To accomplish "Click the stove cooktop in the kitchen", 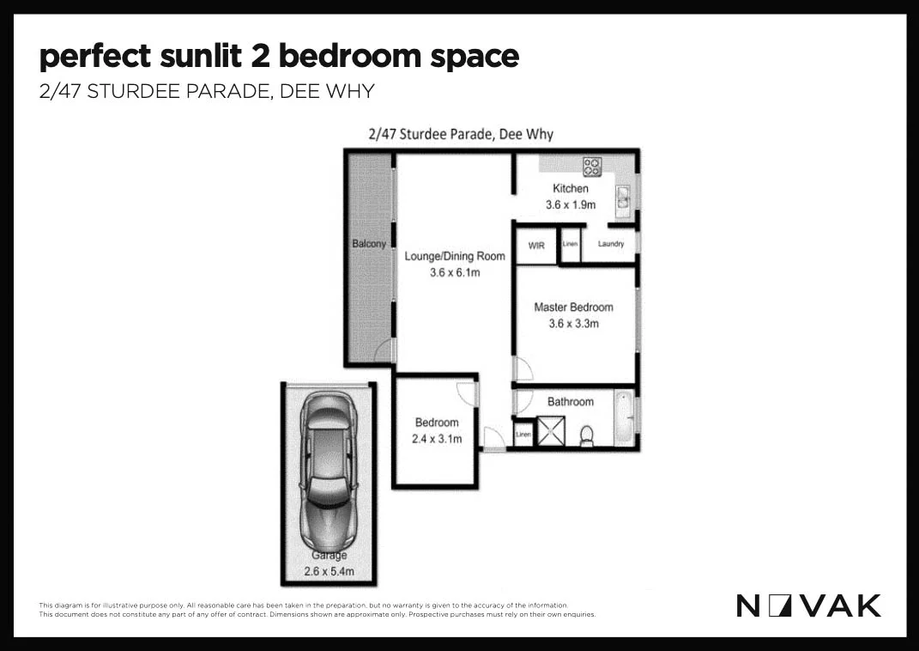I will click(x=592, y=166).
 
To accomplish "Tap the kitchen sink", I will click(x=624, y=201).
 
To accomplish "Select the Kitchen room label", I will click(x=571, y=189).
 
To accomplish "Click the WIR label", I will click(x=536, y=246).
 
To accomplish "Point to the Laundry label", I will click(x=610, y=245).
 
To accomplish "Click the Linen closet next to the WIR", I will click(x=570, y=245).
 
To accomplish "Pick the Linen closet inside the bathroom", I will click(x=523, y=435).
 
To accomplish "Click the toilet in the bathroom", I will click(x=588, y=435).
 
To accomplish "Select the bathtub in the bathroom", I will click(x=626, y=418).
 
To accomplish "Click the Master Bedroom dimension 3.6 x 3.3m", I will click(x=573, y=324).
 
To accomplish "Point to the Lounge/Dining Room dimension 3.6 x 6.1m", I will click(x=455, y=273).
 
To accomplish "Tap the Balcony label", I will click(x=370, y=244).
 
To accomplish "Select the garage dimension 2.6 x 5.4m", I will click(x=330, y=571).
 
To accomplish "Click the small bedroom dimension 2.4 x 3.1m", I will click(x=437, y=439).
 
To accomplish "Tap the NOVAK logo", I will click(x=808, y=605).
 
